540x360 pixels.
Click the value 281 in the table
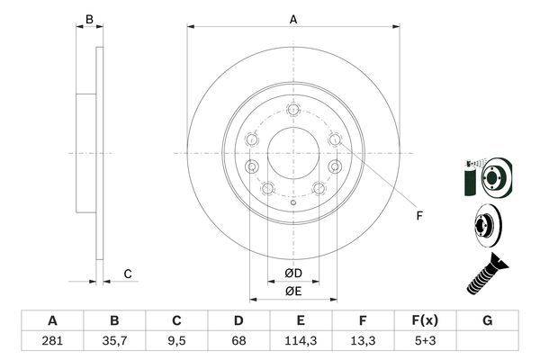[x=52, y=341]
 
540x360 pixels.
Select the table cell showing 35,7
[x=114, y=341]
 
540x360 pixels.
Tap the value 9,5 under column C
[x=176, y=341]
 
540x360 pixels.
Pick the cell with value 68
[x=238, y=341]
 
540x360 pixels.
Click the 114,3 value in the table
[x=301, y=341]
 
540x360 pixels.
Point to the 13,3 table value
[x=363, y=341]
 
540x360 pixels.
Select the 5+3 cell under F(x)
[x=426, y=341]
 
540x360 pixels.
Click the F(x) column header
[x=425, y=320]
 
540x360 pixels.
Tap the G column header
[x=487, y=320]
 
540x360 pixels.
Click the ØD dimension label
[x=293, y=274]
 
